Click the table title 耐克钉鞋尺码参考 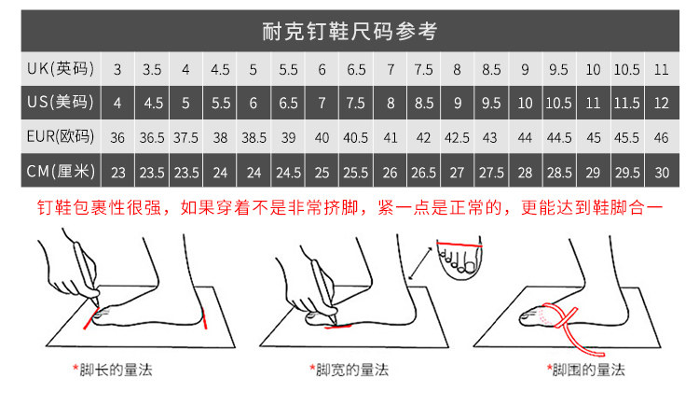(x=349, y=31)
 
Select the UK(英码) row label (x=61, y=69)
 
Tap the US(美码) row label (x=61, y=103)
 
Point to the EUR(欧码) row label (x=61, y=136)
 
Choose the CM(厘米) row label (x=61, y=171)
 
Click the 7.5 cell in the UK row (x=423, y=70)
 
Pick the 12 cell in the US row (x=661, y=104)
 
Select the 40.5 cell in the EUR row (x=356, y=138)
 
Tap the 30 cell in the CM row (x=662, y=173)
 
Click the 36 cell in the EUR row (x=117, y=138)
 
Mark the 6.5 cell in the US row (x=288, y=104)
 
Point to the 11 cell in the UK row (x=661, y=70)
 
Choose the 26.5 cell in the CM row (x=423, y=173)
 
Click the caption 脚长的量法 (x=116, y=370)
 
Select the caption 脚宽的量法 (x=352, y=370)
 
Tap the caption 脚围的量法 (x=588, y=370)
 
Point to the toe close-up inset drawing (x=459, y=259)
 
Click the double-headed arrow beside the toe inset (x=420, y=264)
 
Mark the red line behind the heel (x=205, y=318)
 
